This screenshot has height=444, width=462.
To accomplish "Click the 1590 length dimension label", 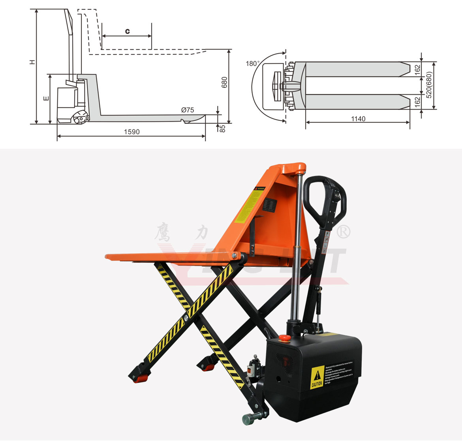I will tap(131, 132).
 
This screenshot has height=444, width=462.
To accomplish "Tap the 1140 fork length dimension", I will tap(358, 119).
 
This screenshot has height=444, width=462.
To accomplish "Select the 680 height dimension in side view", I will tap(225, 82).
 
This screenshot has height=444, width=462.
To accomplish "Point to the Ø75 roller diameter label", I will tap(188, 110).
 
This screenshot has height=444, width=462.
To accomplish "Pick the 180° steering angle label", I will tap(253, 63).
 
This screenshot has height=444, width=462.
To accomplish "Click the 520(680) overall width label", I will tap(429, 84).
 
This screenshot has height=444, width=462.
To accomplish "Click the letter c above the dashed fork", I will tap(127, 31).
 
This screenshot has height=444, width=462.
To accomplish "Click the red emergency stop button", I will tap(284, 338).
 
